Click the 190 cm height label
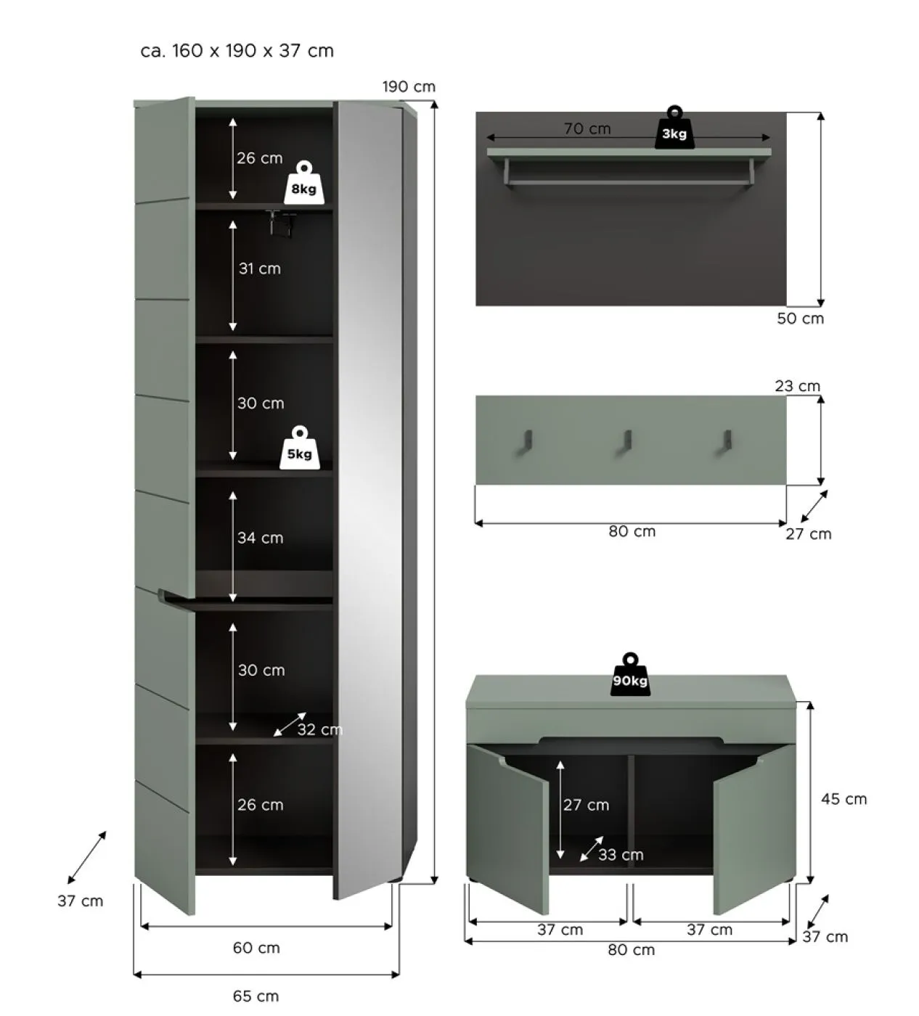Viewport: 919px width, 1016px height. click(409, 87)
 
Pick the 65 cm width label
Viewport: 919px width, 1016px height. click(256, 996)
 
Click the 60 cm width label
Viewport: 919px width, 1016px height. click(256, 948)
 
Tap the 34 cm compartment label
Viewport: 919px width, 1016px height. click(260, 538)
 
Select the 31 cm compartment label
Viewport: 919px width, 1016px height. click(259, 269)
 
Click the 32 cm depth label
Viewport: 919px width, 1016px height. click(319, 729)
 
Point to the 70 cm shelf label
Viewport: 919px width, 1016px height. click(587, 128)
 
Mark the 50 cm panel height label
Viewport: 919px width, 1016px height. click(800, 319)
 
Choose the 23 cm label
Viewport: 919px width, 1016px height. click(797, 386)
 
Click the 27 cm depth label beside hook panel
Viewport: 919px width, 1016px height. click(808, 534)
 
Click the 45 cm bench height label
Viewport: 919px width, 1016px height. click(844, 799)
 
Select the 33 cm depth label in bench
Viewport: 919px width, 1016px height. click(621, 855)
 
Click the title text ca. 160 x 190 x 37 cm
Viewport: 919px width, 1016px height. click(237, 51)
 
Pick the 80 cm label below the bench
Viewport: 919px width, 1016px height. click(631, 950)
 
